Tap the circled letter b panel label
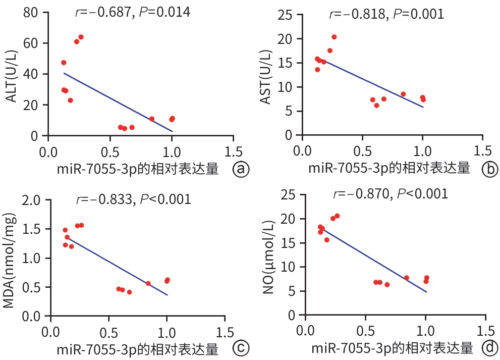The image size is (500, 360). tap(489, 170)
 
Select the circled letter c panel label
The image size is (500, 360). tap(241, 348)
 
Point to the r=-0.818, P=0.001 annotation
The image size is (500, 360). tap(386, 14)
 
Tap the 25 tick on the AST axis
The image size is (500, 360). tap(289, 14)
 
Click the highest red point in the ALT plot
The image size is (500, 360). tap(81, 37)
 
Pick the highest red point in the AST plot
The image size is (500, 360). tap(334, 37)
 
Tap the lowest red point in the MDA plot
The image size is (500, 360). tap(129, 292)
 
